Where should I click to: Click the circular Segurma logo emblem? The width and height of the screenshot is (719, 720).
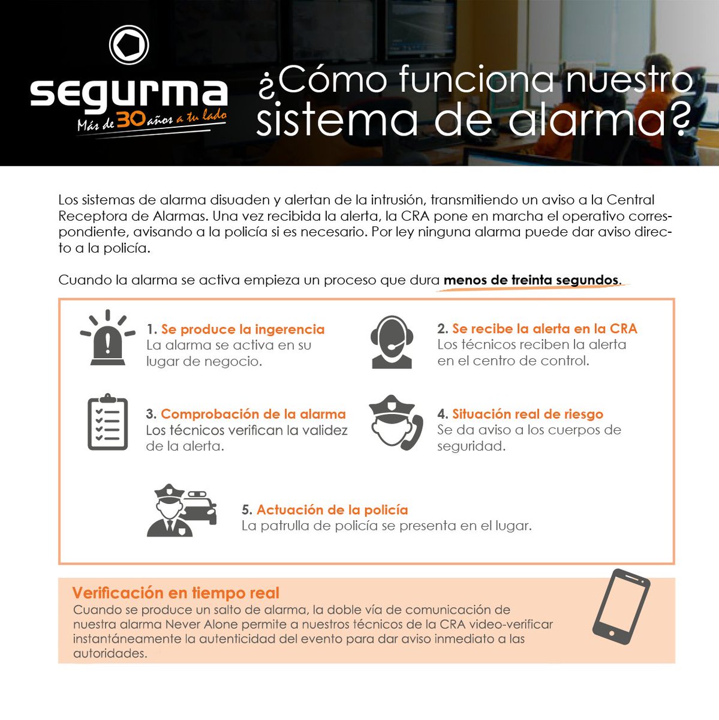129,45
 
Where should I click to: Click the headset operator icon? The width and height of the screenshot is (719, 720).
392,341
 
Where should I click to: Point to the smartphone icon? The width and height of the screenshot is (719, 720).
621,607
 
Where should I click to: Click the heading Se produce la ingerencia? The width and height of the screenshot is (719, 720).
243,329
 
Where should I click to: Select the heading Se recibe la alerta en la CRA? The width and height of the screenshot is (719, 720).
544,329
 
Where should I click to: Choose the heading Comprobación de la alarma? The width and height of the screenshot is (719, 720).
253,414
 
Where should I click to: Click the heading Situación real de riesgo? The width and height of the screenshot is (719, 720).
528,414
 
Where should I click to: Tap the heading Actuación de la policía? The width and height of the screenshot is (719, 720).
332,510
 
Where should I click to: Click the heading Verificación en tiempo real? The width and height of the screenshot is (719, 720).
176,593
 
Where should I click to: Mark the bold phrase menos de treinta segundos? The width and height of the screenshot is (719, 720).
531,280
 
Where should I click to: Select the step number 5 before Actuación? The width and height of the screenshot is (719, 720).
246,510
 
